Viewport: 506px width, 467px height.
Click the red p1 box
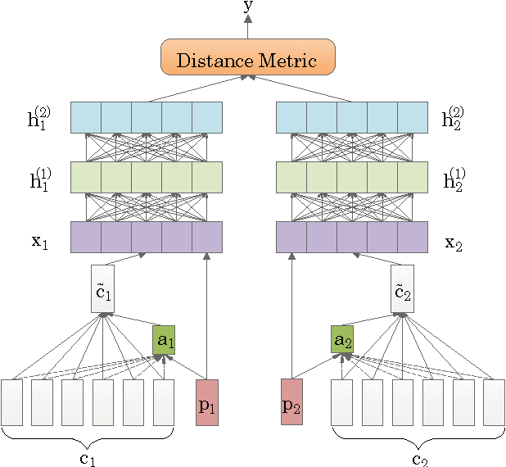(207, 402)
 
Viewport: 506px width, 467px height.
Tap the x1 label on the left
(41, 243)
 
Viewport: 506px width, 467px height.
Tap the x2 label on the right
(454, 243)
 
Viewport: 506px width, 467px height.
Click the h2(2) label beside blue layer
(454, 118)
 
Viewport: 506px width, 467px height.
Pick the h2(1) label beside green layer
(454, 178)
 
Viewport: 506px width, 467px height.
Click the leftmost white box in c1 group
(12, 402)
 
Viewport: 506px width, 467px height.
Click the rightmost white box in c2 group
(494, 402)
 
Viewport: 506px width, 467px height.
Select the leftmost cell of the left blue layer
(85, 117)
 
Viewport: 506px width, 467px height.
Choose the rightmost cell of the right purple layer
(412, 237)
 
